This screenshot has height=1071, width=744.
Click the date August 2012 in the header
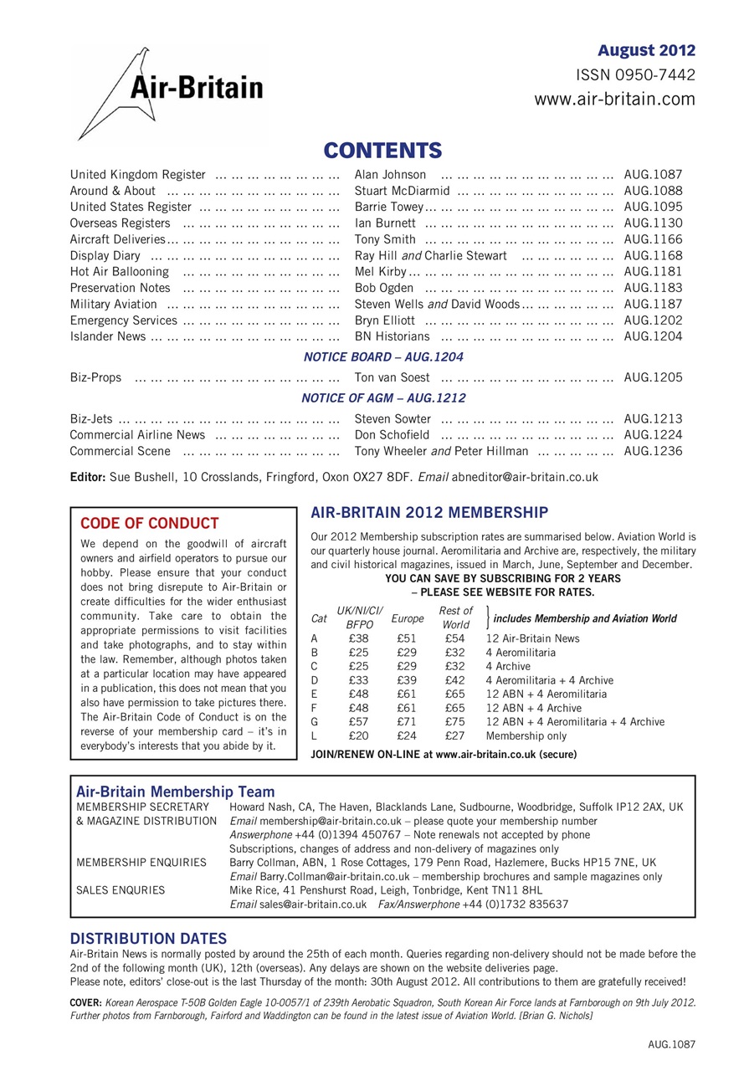(646, 51)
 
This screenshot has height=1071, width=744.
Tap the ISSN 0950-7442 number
(635, 75)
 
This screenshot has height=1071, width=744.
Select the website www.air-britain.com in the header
(614, 100)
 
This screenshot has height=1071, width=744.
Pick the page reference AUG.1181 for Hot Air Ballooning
(653, 272)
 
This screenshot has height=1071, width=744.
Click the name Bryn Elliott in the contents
(384, 320)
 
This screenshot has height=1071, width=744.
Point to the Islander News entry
(107, 336)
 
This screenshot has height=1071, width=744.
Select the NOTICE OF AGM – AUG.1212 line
(383, 398)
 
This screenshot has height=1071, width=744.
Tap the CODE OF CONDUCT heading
(149, 524)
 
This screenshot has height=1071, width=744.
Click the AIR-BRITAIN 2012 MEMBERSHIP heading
(429, 512)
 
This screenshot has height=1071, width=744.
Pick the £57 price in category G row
(359, 722)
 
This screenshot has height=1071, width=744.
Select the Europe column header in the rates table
(408, 618)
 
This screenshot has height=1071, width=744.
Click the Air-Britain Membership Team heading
(175, 792)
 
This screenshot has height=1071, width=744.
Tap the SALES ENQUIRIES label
(121, 890)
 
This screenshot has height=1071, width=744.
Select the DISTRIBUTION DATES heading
(148, 939)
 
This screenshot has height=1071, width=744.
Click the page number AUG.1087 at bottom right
(671, 1044)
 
